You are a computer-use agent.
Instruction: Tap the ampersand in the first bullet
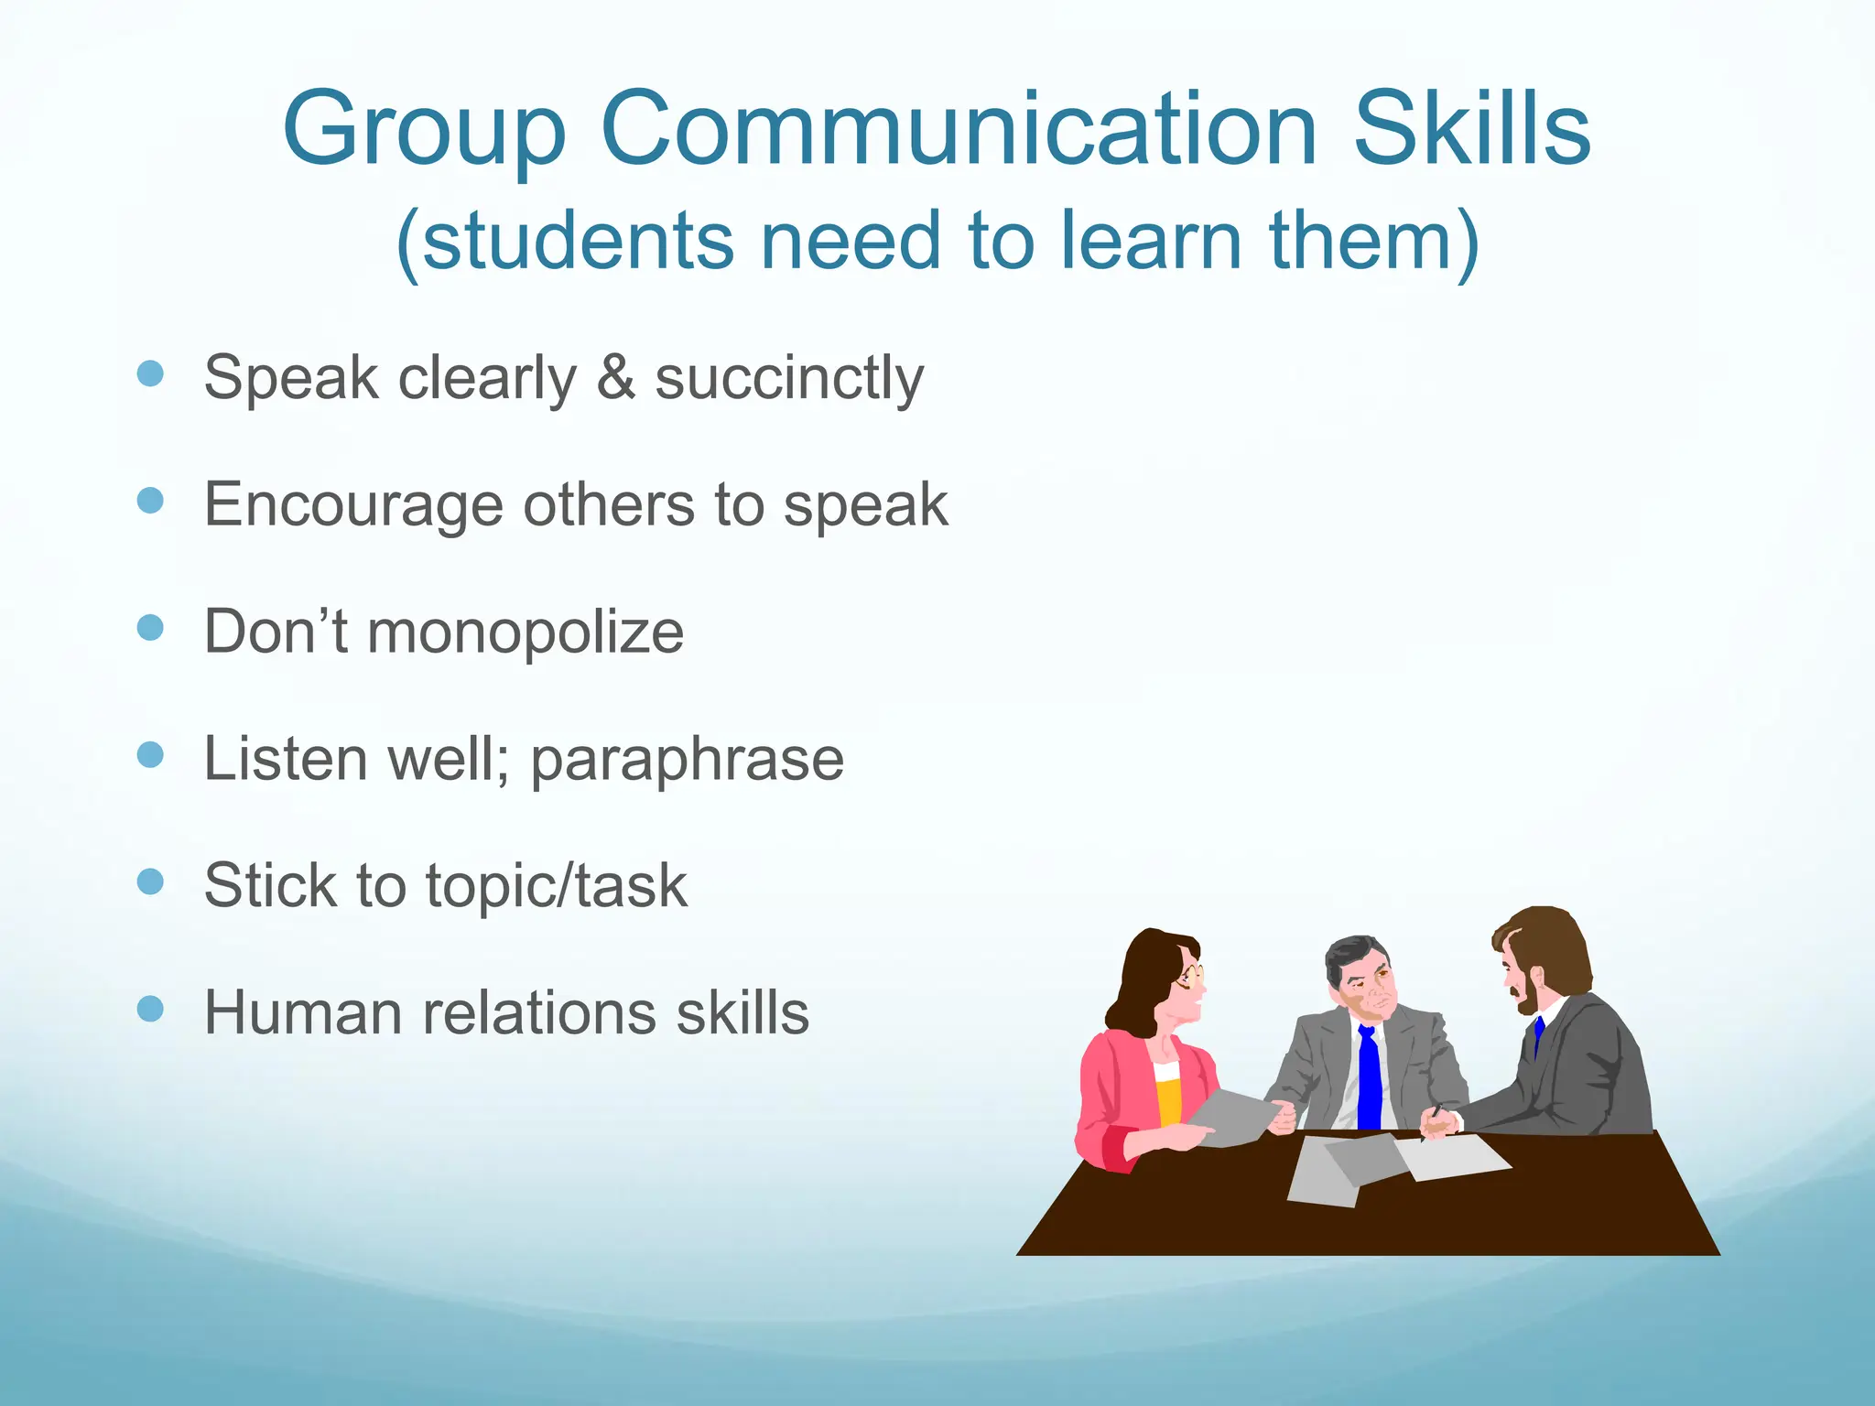pos(615,377)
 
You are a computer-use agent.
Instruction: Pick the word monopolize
pos(526,633)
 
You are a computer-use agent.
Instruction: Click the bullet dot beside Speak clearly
pos(150,373)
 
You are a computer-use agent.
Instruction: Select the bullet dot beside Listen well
pos(150,755)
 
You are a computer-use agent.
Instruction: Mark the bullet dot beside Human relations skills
pos(150,1009)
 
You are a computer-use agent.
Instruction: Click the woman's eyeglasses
pos(1190,977)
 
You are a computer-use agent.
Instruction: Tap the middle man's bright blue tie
pos(1369,1080)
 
